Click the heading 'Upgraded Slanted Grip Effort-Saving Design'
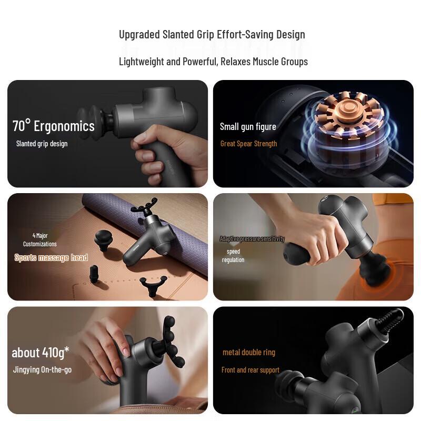[212, 35]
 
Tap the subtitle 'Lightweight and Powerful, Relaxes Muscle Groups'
[213, 62]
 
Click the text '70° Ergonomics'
[54, 126]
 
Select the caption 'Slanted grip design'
[42, 144]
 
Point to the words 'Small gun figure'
[248, 126]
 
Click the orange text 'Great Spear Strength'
[248, 144]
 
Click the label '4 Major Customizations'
[39, 240]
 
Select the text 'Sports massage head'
[51, 257]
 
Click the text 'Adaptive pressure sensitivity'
[252, 239]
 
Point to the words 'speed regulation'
[233, 256]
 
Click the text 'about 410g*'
[41, 352]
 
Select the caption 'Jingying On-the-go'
[42, 370]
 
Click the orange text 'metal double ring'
[249, 353]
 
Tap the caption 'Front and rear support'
[250, 370]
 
